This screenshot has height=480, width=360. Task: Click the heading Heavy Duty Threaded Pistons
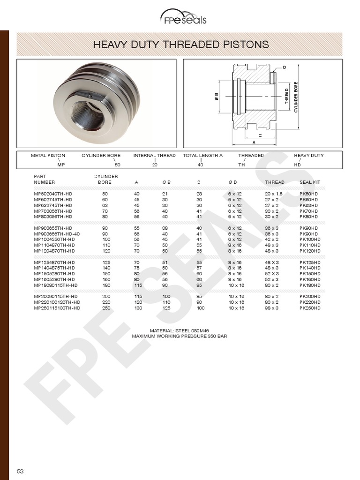[x=181, y=45]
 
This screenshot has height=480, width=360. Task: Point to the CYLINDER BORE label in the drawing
[x=296, y=97]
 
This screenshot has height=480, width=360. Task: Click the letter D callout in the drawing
[x=284, y=67]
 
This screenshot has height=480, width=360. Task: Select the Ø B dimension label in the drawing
[x=216, y=96]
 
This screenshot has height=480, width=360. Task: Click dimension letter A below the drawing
[x=254, y=142]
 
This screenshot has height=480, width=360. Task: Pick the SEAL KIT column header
[x=310, y=182]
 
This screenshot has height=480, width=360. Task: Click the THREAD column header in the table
[x=274, y=182]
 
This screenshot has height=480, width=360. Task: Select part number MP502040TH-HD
[x=53, y=194]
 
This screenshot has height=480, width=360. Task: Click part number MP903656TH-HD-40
[x=57, y=233]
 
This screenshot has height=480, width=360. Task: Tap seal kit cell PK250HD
[x=310, y=308]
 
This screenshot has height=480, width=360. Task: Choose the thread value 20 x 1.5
[x=274, y=194]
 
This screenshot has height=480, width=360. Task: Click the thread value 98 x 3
[x=274, y=308]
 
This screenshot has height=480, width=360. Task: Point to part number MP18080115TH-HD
[x=55, y=285]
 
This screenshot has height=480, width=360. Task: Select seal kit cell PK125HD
[x=310, y=262]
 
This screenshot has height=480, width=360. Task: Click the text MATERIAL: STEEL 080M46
[x=179, y=330]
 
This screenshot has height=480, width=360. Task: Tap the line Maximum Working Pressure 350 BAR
[x=179, y=336]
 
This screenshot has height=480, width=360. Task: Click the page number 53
[x=21, y=471]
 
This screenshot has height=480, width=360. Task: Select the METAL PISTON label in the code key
[x=48, y=156]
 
